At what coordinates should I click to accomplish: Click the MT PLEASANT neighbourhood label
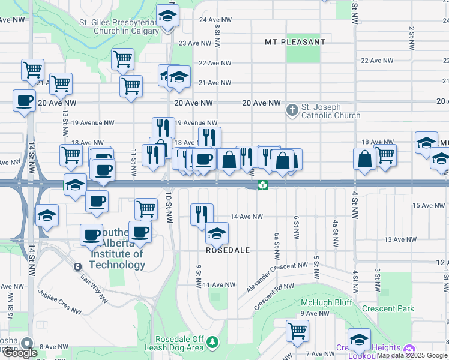coord(295,42)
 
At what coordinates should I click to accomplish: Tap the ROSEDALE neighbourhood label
coord(228,250)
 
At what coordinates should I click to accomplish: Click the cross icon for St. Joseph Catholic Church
coord(292,110)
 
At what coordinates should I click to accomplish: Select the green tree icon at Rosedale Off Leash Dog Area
coord(212,343)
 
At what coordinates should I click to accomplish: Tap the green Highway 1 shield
coord(262,185)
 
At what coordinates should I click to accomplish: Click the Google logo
coord(20,353)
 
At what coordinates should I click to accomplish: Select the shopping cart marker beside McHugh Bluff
coord(297,331)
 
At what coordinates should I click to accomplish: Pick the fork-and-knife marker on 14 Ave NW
coord(202,214)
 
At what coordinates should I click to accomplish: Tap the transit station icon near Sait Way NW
coord(77,266)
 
